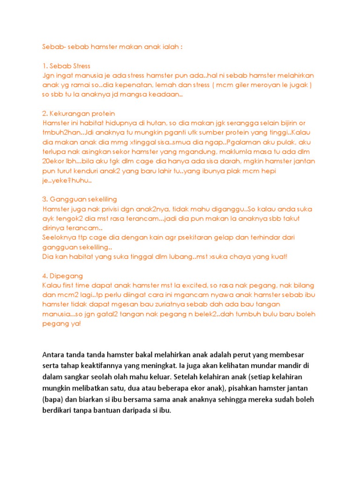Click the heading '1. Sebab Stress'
[66, 66]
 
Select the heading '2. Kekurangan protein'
[78, 113]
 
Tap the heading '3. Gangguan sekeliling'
[80, 199]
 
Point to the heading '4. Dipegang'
[62, 276]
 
